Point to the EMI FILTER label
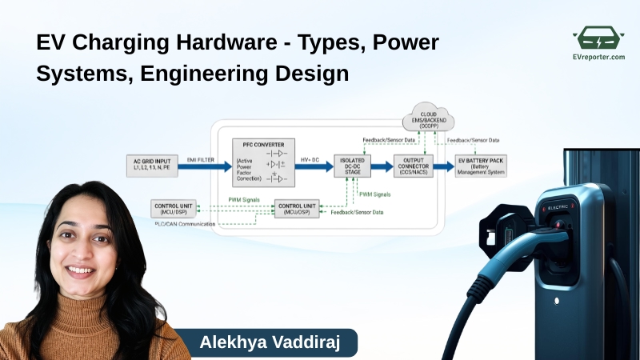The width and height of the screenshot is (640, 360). [202, 161]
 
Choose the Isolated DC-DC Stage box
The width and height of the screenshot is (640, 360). [353, 166]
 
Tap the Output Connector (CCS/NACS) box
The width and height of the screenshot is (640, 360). [414, 166]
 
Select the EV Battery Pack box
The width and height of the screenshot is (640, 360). [486, 166]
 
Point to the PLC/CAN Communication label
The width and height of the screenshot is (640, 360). [185, 224]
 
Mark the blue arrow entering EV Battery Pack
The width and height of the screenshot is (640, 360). [443, 166]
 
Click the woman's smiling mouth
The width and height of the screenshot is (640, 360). [80, 270]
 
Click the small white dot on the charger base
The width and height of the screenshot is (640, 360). [557, 301]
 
